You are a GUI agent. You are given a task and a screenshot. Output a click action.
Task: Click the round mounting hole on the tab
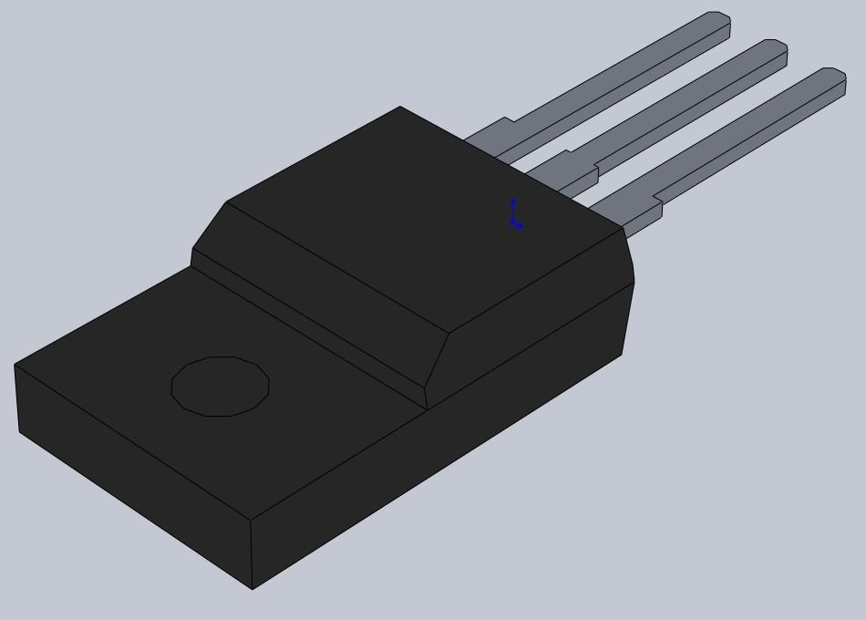click(x=221, y=387)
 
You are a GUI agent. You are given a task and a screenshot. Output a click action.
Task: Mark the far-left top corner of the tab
click(x=15, y=364)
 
